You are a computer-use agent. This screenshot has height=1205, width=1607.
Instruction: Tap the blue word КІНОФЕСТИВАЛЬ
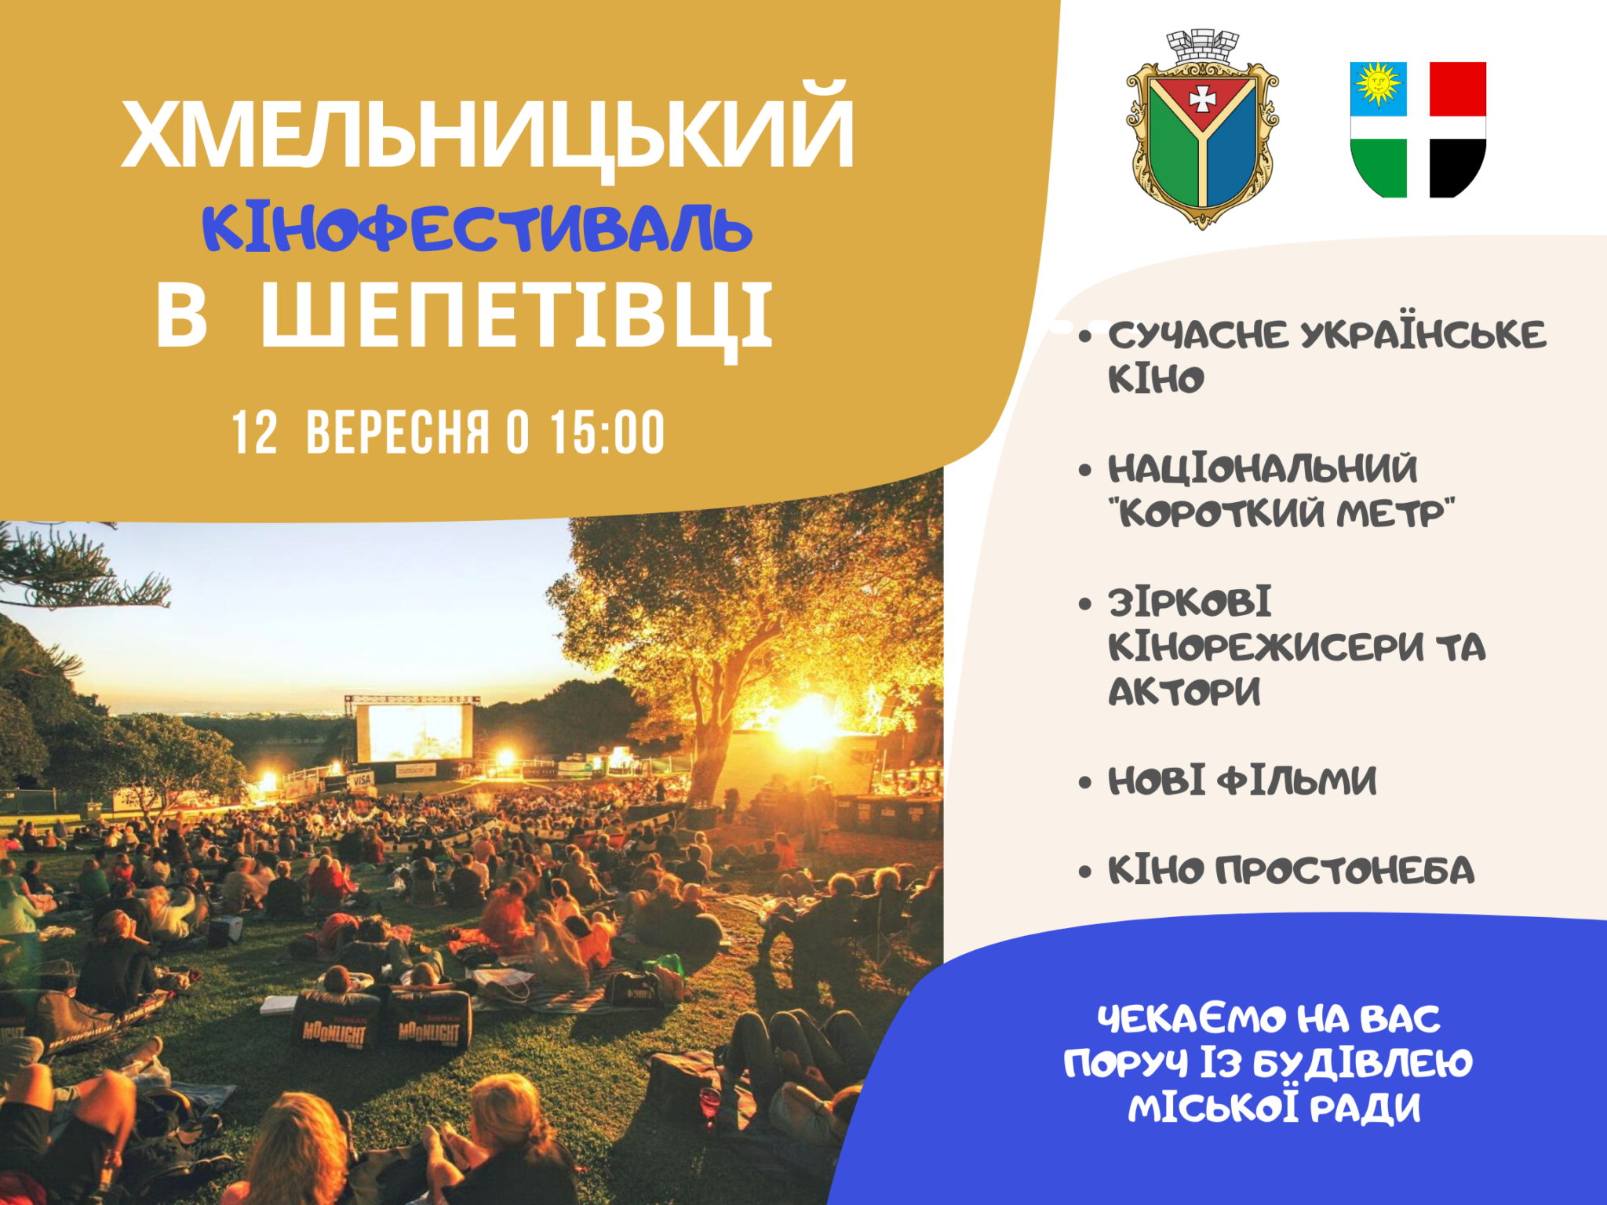coord(477,229)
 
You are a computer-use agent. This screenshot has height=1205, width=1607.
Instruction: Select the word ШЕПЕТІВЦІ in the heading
coord(517,318)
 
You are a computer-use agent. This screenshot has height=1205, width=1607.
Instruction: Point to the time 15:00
coord(607,432)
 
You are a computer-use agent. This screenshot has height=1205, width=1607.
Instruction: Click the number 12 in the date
coord(255,432)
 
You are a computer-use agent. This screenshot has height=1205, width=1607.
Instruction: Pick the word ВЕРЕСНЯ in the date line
coord(398,432)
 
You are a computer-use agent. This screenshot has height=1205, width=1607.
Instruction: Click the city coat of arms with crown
coord(1202,129)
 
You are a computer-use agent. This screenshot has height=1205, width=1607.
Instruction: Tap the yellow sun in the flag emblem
coord(1378,83)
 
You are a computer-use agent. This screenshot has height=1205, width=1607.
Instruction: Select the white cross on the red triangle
coord(1202,99)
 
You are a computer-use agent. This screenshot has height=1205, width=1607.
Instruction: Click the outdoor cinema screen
coord(414,732)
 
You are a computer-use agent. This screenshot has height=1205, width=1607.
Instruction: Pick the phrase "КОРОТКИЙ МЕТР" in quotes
coord(1281,514)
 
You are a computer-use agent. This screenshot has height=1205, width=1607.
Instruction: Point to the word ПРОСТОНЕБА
coord(1345,870)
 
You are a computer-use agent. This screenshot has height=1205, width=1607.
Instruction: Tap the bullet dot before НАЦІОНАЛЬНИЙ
coord(1085,471)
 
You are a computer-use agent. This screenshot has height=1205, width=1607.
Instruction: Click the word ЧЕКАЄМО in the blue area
coord(1191,1019)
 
